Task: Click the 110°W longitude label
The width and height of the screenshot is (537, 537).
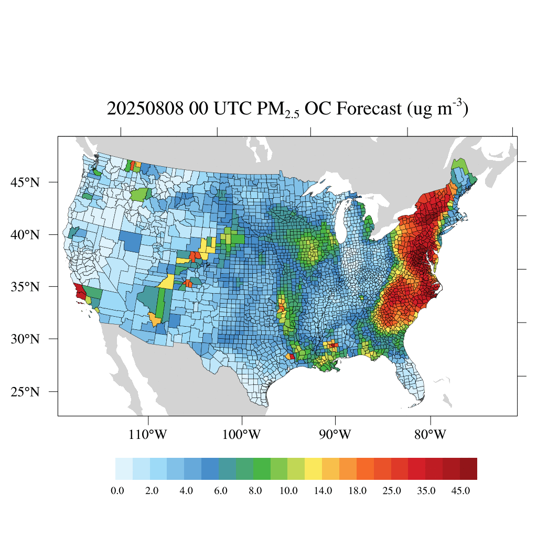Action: pos(148,435)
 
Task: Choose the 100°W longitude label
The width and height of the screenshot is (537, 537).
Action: pos(242,435)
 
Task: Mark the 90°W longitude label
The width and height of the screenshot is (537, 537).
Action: pos(335,435)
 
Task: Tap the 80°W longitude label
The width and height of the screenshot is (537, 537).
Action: pos(430,435)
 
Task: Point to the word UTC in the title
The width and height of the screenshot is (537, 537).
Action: pos(232,109)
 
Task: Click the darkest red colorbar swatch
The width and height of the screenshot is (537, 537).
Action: pos(468,469)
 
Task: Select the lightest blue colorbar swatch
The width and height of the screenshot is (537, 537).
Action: pos(124,469)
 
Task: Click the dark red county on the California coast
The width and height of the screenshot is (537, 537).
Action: pos(80,292)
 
